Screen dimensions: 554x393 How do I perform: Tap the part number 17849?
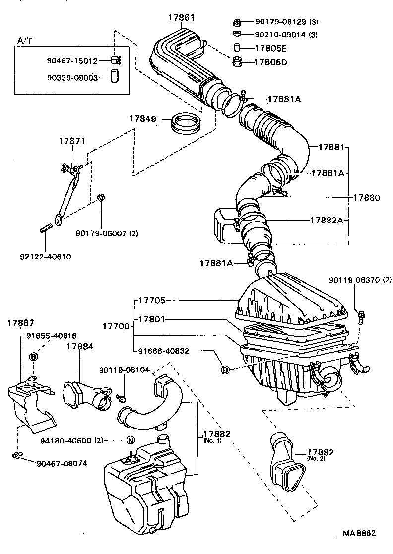(x=143, y=119)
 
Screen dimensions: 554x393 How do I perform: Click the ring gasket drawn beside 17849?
(x=186, y=123)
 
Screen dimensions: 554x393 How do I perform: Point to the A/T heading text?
(x=24, y=40)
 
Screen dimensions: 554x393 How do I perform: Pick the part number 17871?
(x=72, y=141)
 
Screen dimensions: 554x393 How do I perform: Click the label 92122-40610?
(x=46, y=257)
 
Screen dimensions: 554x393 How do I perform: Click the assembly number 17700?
(x=116, y=326)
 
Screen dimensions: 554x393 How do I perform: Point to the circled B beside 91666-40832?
(x=225, y=370)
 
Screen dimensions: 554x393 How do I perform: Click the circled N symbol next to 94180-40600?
(x=131, y=440)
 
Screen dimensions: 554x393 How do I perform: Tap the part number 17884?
(x=80, y=346)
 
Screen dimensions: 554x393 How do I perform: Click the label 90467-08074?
(x=62, y=464)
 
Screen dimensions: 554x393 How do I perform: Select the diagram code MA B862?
(x=359, y=533)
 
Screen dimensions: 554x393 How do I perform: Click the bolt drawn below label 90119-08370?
(x=361, y=316)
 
